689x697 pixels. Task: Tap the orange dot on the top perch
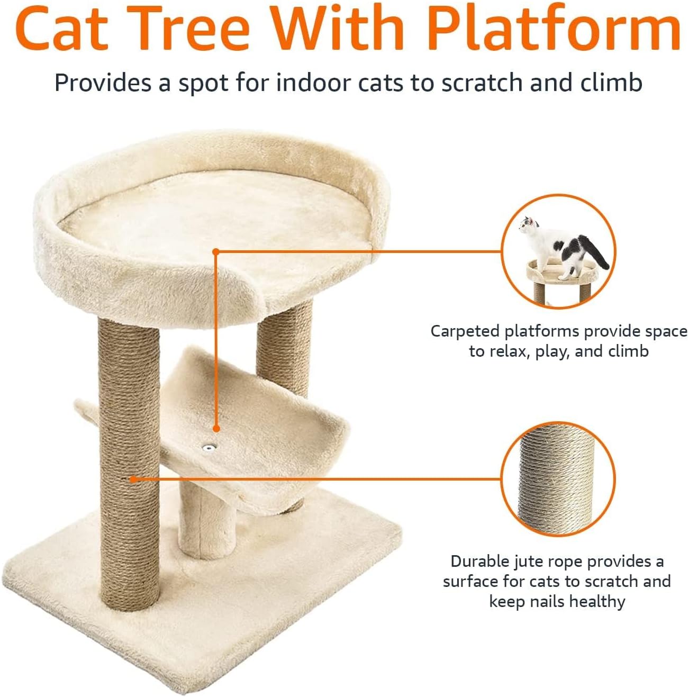pos(215,252)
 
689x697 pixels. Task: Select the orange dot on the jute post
pos(134,479)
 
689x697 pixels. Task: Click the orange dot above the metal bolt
pos(216,428)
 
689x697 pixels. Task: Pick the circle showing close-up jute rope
pos(558,479)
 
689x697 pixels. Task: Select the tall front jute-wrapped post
pos(129,466)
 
